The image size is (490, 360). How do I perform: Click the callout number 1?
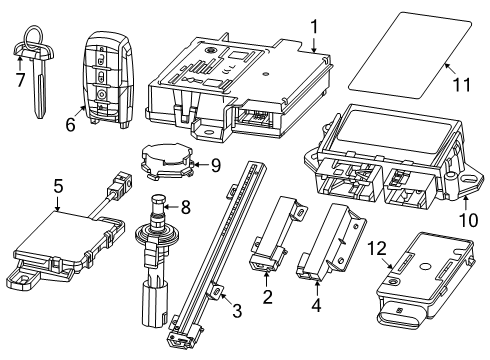(313, 26)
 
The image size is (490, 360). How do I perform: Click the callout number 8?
(182, 208)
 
